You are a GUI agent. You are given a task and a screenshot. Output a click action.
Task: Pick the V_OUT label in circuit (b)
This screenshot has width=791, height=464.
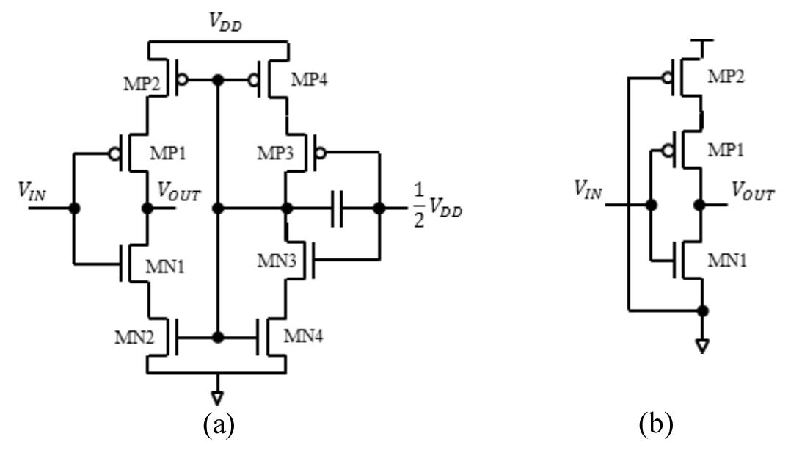[752, 193]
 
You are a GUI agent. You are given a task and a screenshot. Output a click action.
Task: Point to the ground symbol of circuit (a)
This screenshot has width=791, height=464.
[217, 397]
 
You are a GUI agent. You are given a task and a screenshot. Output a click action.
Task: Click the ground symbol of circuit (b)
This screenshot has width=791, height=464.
[702, 346]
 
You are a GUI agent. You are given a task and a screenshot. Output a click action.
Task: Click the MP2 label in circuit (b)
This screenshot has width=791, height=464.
[726, 76]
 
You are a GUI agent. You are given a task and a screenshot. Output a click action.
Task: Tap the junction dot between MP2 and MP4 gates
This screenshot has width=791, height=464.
[217, 79]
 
